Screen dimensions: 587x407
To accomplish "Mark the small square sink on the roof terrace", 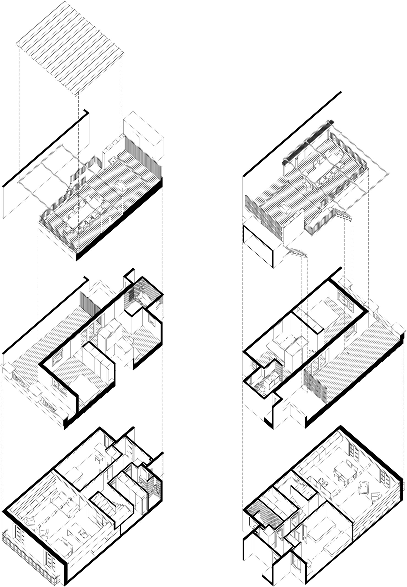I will pyautogui.click(x=112, y=161).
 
